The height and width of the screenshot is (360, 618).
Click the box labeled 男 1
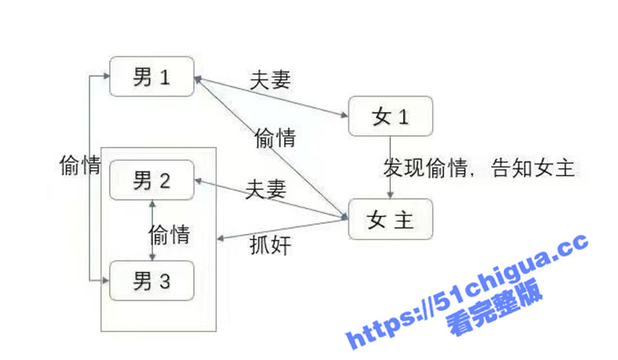coord(151,76)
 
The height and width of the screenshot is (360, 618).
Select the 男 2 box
coord(151,180)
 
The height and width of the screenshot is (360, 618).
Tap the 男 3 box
coord(151,280)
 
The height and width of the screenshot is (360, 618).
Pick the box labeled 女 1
coord(391,117)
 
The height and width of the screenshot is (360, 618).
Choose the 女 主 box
coord(391,219)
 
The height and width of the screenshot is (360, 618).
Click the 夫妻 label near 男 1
coord(270,80)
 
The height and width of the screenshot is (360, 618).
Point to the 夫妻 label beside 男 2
coord(266,188)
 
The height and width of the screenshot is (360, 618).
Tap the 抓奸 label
coord(270,245)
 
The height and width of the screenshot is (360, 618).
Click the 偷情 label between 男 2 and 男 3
coord(169,235)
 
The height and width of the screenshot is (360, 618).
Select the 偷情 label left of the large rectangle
coord(80,165)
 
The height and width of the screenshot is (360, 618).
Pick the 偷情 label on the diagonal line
coord(275,138)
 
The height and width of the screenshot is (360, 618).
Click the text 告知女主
coord(533,168)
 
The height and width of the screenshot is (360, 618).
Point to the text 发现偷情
coord(426,168)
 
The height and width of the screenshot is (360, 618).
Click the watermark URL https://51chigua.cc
coord(467,291)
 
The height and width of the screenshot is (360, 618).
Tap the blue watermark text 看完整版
coord(495,307)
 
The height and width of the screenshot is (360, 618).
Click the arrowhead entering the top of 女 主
coord(390,195)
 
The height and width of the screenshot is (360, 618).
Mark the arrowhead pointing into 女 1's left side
coord(344,115)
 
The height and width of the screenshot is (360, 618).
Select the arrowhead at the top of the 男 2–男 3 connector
coord(152,204)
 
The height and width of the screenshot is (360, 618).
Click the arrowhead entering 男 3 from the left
coord(105,280)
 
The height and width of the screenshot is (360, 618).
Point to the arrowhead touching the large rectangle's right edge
coord(221,239)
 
